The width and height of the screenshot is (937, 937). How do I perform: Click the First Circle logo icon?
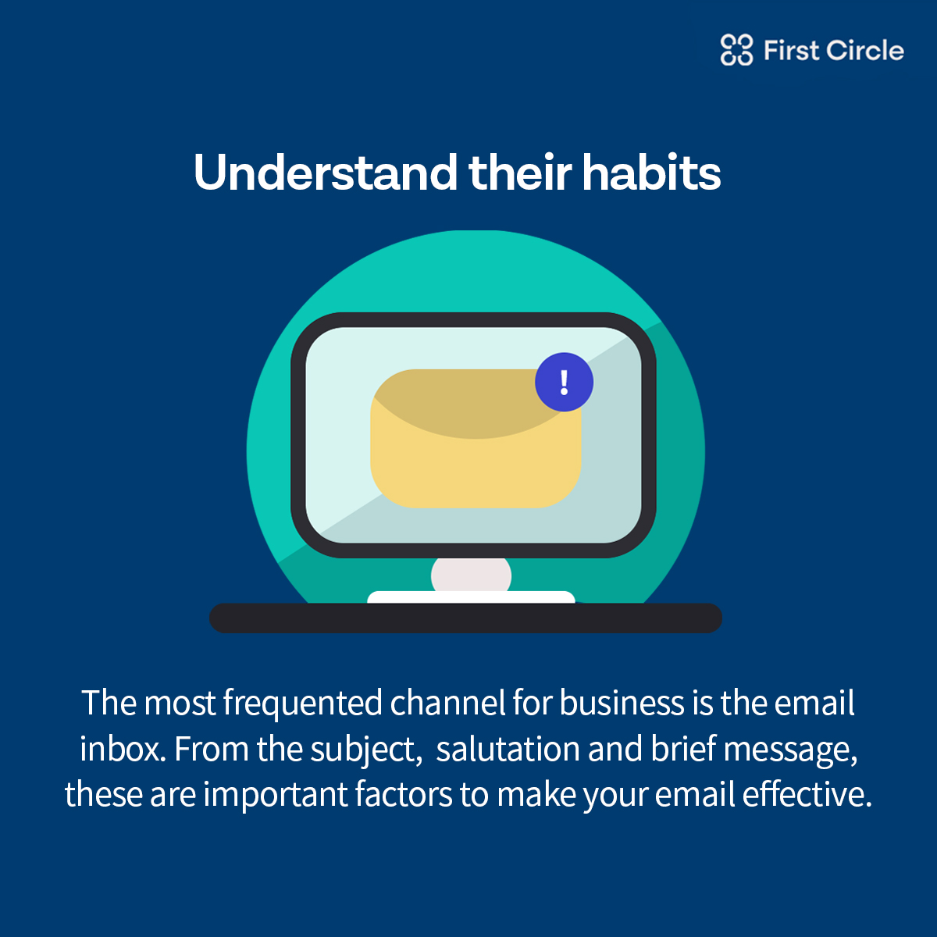tap(736, 50)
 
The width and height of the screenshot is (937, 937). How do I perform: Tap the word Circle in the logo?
tap(864, 50)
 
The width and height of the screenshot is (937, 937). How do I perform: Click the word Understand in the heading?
tap(326, 172)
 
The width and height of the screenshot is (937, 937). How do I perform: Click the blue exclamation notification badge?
tap(564, 382)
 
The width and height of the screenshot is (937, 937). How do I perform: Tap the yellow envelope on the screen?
tap(476, 439)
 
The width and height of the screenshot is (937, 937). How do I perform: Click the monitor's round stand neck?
tap(471, 575)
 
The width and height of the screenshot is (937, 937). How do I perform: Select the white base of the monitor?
tap(471, 597)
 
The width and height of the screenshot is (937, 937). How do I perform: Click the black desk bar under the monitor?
tap(465, 618)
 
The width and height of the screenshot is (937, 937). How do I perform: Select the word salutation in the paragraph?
tap(508, 748)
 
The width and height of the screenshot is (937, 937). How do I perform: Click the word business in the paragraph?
tap(622, 703)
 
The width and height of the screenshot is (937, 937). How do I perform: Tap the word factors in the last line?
tap(404, 794)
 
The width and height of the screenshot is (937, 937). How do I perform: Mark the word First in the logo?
tap(792, 50)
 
